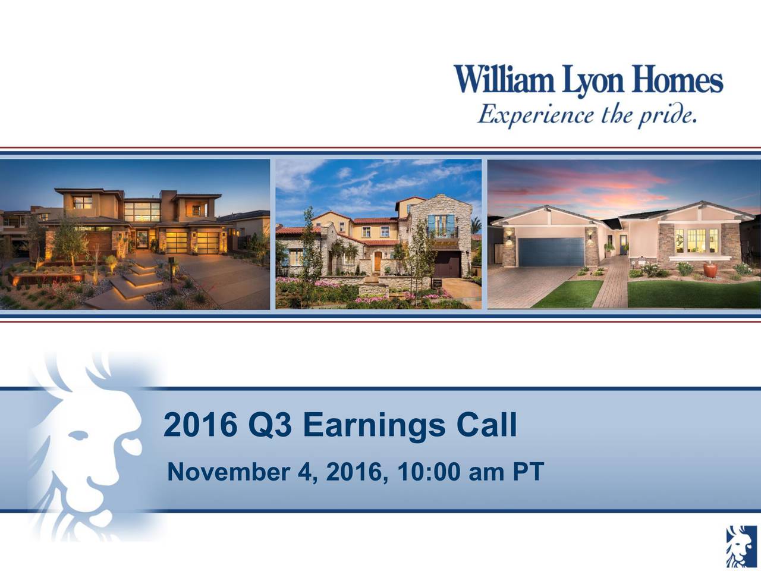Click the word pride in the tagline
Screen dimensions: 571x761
(x=666, y=113)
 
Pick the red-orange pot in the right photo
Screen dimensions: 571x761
(x=710, y=270)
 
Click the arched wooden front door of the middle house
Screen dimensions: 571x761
(x=377, y=262)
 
